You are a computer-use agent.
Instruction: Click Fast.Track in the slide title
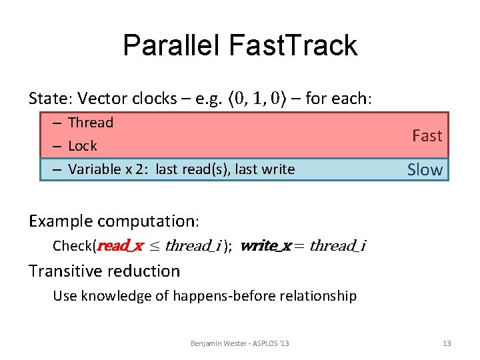(x=293, y=45)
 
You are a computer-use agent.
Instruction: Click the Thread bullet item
(x=91, y=123)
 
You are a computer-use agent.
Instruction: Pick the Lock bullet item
(x=83, y=146)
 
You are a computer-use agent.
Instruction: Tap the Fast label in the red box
(x=427, y=136)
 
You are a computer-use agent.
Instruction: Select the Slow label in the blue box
(x=425, y=170)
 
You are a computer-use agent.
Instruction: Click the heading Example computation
(x=114, y=221)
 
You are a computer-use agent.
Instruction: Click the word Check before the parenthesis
(x=73, y=246)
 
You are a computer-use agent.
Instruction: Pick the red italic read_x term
(x=120, y=246)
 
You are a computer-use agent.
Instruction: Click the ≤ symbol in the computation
(x=154, y=246)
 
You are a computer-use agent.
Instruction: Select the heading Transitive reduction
(x=104, y=271)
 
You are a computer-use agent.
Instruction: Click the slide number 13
(x=447, y=343)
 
